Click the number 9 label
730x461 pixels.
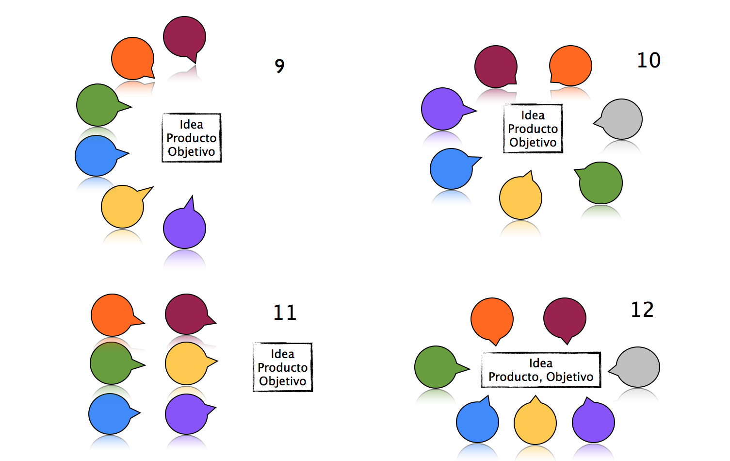tap(279, 66)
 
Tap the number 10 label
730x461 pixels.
tap(649, 60)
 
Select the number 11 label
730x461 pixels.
tap(285, 312)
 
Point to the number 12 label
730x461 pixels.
tap(642, 310)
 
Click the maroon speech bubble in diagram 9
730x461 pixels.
tap(184, 37)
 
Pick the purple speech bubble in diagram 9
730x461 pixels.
tap(184, 228)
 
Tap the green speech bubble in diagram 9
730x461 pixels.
tap(98, 105)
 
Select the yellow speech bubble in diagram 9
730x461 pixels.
tap(123, 206)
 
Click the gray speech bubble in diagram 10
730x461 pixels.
tap(621, 119)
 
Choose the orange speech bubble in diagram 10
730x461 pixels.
tap(570, 66)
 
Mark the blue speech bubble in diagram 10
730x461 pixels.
tap(452, 168)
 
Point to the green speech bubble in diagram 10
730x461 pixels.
tap(600, 182)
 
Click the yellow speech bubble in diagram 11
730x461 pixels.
tap(187, 363)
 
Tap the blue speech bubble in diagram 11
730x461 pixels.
tap(110, 414)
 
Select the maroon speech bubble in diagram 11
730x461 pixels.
tap(187, 314)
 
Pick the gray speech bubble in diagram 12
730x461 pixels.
tap(637, 367)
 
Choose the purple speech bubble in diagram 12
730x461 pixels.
tap(593, 422)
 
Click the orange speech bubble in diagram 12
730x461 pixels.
tap(492, 319)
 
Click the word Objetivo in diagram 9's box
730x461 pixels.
tap(192, 152)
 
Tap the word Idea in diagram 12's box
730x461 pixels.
tap(541, 363)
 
